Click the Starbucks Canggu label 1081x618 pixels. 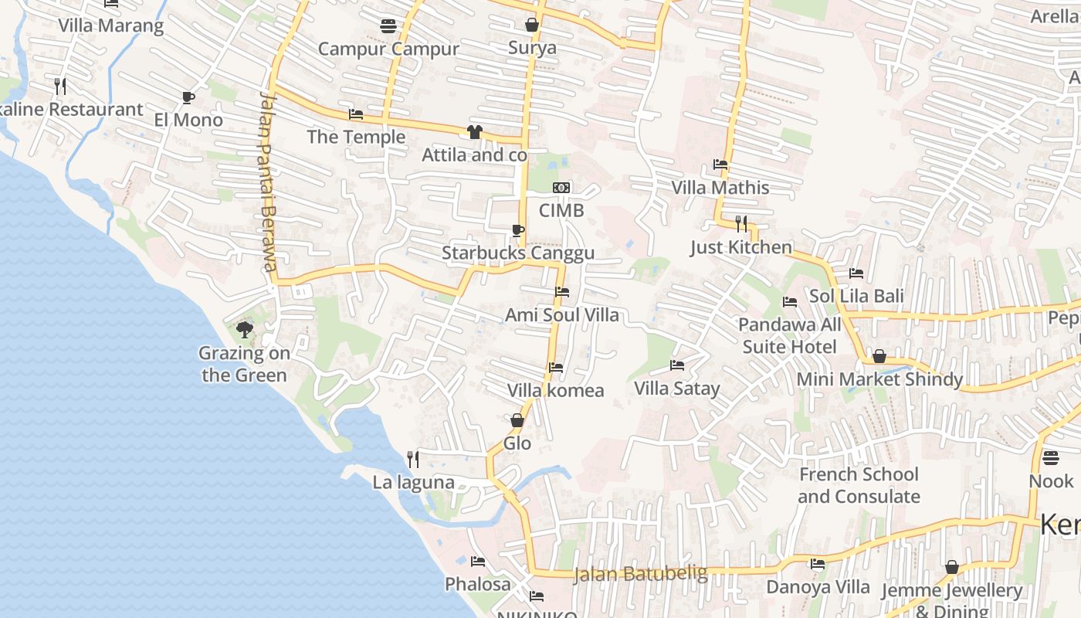pyautogui.click(x=518, y=253)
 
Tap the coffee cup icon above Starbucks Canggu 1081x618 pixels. pyautogui.click(x=518, y=230)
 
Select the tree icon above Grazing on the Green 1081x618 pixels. pyautogui.click(x=245, y=331)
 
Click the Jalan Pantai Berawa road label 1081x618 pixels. pyautogui.click(x=267, y=182)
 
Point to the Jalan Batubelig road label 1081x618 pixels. pyautogui.click(x=641, y=574)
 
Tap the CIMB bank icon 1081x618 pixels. pyautogui.click(x=561, y=188)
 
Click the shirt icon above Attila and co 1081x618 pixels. pyautogui.click(x=474, y=132)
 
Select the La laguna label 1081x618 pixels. pyautogui.click(x=413, y=483)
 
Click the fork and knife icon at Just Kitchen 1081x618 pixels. pyautogui.click(x=741, y=224)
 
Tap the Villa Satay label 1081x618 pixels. pyautogui.click(x=676, y=389)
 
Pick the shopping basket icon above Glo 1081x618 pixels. pyautogui.click(x=517, y=420)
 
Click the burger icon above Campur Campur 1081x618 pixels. pyautogui.click(x=388, y=27)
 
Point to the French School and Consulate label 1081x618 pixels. pyautogui.click(x=859, y=485)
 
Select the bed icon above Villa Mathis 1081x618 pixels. pyautogui.click(x=720, y=165)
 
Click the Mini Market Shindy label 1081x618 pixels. pyautogui.click(x=879, y=379)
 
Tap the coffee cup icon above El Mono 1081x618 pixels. pyautogui.click(x=188, y=97)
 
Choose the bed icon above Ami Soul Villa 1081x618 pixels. pyautogui.click(x=562, y=292)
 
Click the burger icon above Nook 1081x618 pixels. pyautogui.click(x=1051, y=458)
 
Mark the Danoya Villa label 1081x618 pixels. pyautogui.click(x=818, y=587)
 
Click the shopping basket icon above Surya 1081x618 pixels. pyautogui.click(x=532, y=25)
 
